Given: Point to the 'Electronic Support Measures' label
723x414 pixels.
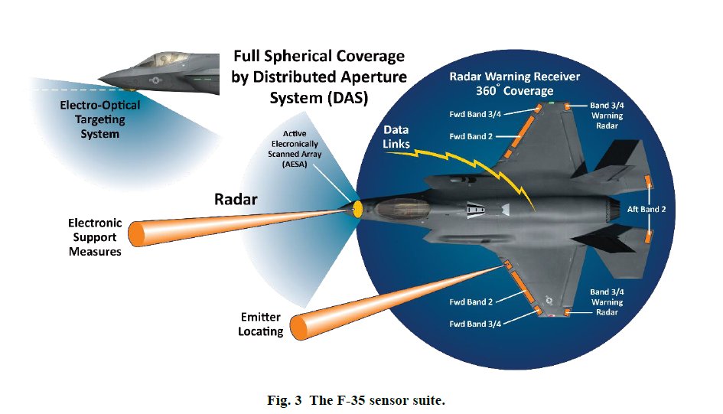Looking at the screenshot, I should (x=95, y=237).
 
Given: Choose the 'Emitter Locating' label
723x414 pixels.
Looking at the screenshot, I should (x=260, y=324).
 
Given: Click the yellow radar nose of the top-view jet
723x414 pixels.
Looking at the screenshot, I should (x=358, y=207).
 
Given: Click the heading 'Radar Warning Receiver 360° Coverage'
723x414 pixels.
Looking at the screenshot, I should (x=514, y=83).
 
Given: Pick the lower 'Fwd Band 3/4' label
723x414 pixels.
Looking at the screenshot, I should (x=475, y=323).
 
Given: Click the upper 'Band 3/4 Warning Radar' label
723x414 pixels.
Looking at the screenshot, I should (x=607, y=115).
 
